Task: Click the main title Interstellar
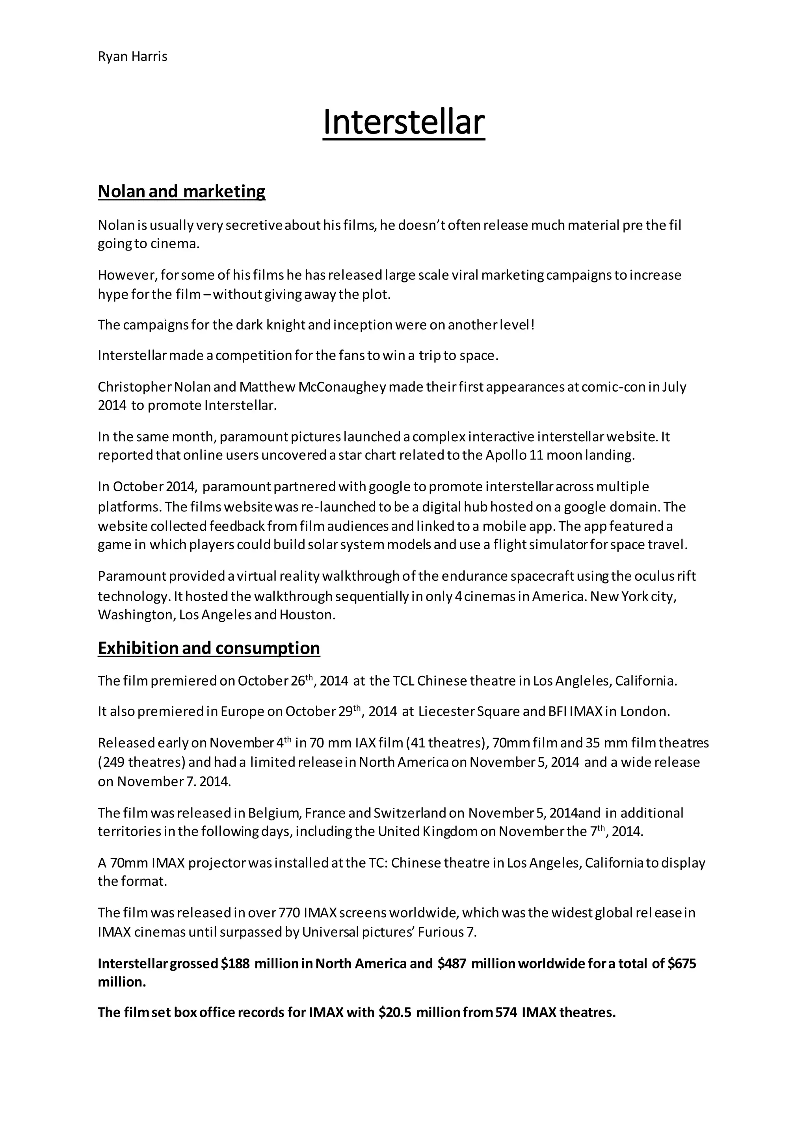(403, 122)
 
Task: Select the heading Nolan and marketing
(181, 191)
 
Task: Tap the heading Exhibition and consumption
(209, 648)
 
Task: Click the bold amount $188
(235, 964)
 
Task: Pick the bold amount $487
(452, 964)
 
